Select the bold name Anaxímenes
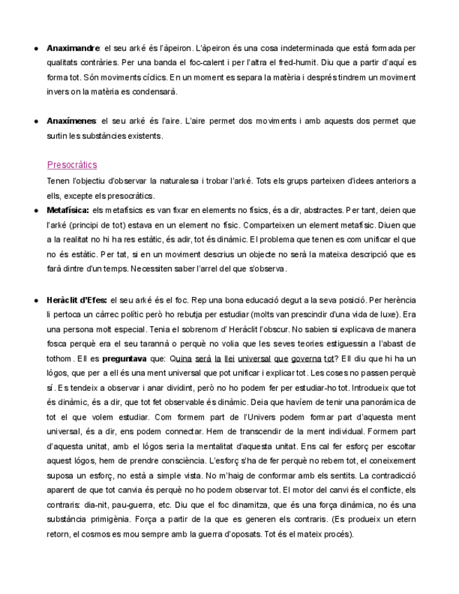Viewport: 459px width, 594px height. (x=71, y=121)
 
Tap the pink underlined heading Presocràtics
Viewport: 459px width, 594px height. (x=72, y=165)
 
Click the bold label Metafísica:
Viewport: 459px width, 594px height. (x=68, y=209)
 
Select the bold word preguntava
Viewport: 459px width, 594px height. (x=125, y=358)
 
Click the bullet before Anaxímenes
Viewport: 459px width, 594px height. (x=36, y=121)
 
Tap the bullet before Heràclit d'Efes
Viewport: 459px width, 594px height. (x=36, y=300)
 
